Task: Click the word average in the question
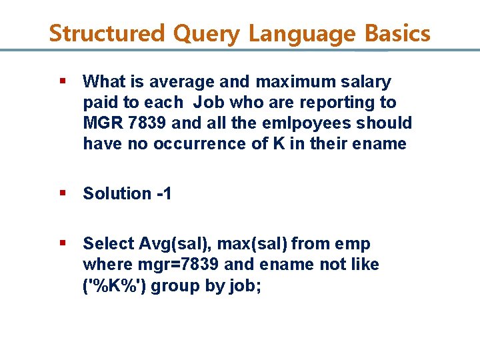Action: pyautogui.click(x=177, y=82)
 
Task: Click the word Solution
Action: pyautogui.click(x=117, y=193)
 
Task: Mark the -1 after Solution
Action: pyautogui.click(x=164, y=193)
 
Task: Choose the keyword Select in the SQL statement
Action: pyautogui.click(x=108, y=244)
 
